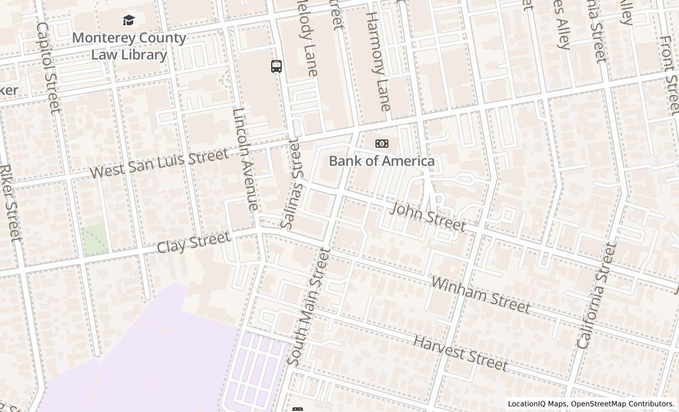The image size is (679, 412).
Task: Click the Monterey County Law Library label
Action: coord(129,46)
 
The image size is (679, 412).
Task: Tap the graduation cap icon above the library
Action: coord(129,21)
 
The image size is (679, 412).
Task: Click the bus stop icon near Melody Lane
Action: coord(276,67)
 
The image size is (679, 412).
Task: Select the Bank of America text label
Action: coord(381,161)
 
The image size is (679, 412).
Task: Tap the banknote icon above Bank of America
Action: coord(382,144)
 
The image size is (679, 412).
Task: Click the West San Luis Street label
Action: coord(159,164)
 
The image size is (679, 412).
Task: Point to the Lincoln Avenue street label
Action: coord(245,159)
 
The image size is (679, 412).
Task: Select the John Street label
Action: coord(429,217)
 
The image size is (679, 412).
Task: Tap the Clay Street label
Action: coord(193,242)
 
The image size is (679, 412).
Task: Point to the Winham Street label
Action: coord(480,294)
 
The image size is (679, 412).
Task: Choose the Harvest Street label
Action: coord(460,353)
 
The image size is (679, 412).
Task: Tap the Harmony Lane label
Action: coord(378,61)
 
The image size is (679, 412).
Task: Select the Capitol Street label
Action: coord(48,68)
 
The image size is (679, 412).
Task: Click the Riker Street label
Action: coord(10,202)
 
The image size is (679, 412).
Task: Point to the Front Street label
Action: coord(669,74)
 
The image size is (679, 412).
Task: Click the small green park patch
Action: coord(94,240)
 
